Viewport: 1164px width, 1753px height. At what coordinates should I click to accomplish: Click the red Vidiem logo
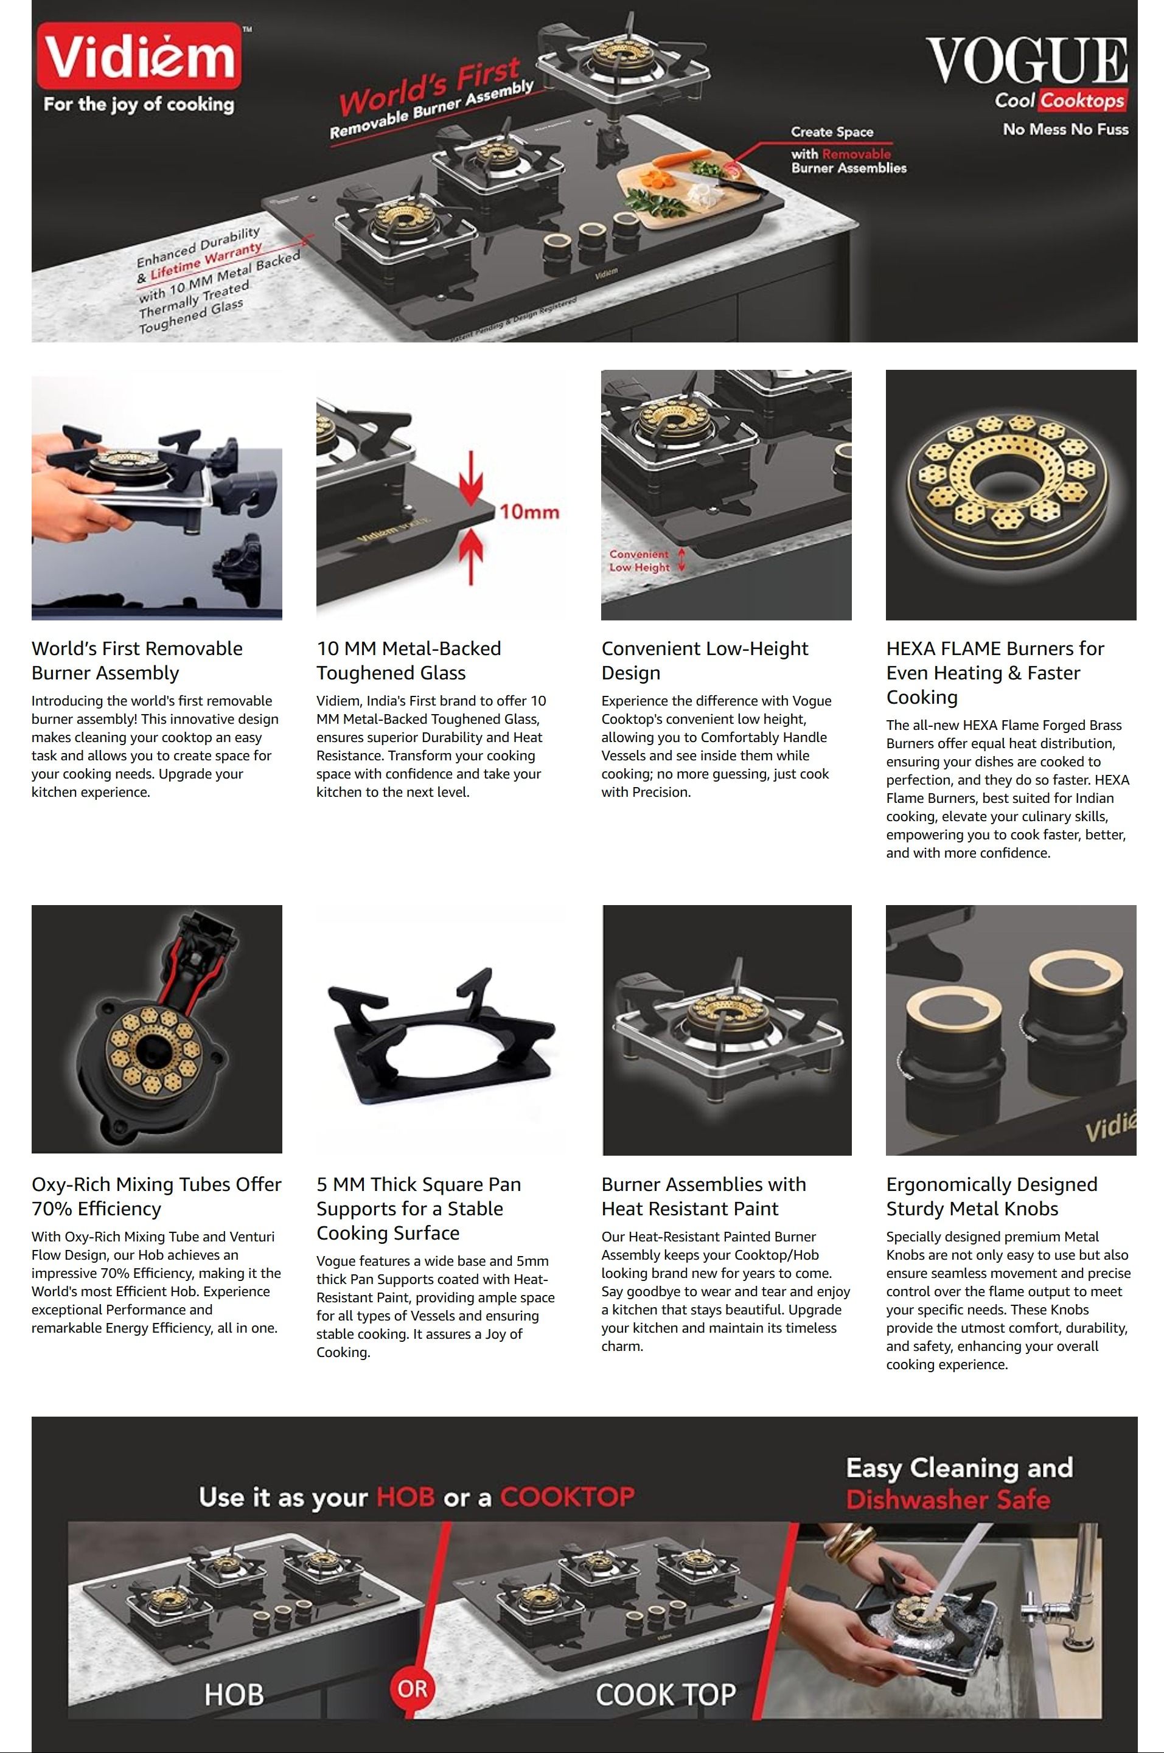click(139, 57)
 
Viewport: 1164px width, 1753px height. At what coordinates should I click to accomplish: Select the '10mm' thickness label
click(529, 512)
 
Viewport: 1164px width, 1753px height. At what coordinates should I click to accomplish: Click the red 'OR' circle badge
click(412, 1689)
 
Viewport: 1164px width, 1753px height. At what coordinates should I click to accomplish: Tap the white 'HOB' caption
click(234, 1695)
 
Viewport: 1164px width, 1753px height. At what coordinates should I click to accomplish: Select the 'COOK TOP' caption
click(665, 1695)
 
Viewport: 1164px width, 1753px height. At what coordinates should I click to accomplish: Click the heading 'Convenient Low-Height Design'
click(705, 661)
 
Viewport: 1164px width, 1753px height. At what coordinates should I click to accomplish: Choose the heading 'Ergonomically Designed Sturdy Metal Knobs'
click(992, 1196)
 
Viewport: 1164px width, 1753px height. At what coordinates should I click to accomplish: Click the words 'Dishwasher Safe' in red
click(948, 1499)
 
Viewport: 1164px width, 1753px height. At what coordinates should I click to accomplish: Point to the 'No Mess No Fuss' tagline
click(1065, 129)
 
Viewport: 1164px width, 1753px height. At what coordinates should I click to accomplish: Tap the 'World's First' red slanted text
click(429, 88)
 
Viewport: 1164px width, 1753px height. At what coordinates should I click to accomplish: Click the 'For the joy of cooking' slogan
click(139, 104)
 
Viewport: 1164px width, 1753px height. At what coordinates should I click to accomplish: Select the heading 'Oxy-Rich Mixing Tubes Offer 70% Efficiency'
click(156, 1196)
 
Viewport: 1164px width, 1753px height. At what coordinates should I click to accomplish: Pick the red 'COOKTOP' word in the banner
click(567, 1496)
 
